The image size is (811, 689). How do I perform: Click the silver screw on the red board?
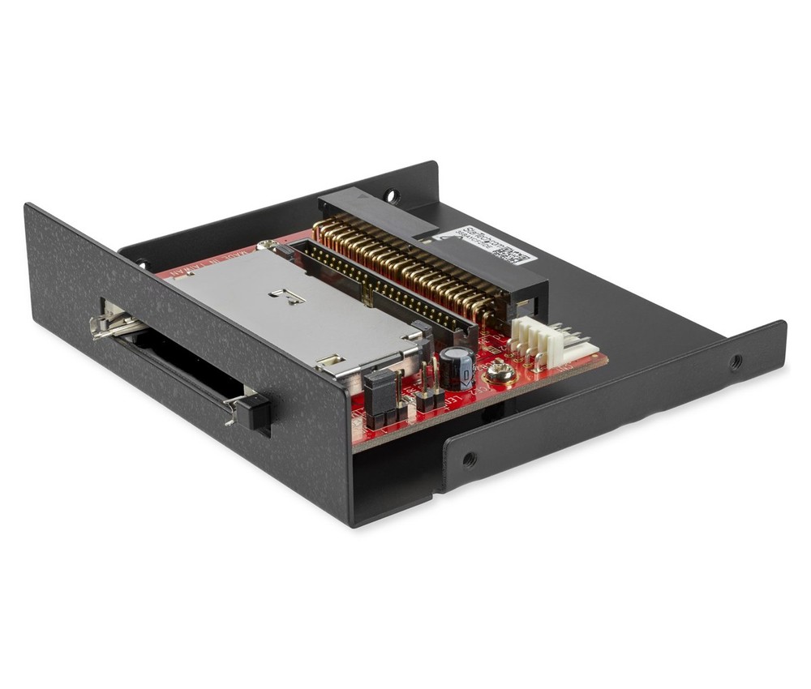pyautogui.click(x=498, y=373)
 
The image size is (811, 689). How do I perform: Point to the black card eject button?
pyautogui.click(x=256, y=411)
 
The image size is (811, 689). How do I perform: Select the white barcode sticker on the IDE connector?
pyautogui.click(x=482, y=246)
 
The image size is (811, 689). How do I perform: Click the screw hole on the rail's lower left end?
pyautogui.click(x=469, y=460)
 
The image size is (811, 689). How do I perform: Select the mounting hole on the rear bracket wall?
pyautogui.click(x=393, y=195)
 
